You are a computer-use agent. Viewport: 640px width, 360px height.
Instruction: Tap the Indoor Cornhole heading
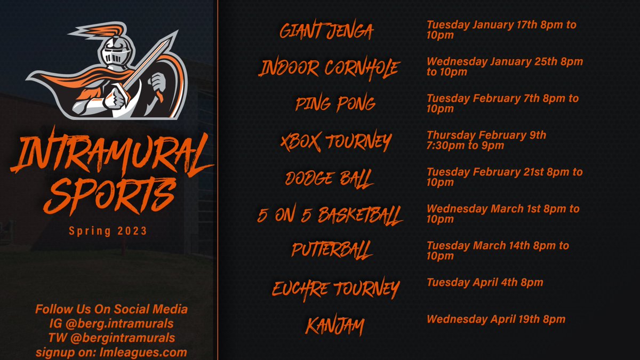tap(329, 68)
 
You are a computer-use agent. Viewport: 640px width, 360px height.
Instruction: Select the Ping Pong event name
tap(335, 104)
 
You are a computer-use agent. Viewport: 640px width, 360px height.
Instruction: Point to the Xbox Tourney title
tap(335, 141)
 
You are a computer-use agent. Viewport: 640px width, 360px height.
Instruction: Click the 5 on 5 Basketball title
tap(330, 214)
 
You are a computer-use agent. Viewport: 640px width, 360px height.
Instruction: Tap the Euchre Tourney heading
tap(335, 289)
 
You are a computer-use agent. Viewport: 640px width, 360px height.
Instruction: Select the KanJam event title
tap(334, 325)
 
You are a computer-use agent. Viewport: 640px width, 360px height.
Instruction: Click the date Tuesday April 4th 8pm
tap(484, 283)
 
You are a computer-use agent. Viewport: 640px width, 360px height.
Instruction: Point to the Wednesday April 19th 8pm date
tap(495, 319)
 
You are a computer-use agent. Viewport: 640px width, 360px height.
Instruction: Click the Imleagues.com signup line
tap(111, 353)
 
